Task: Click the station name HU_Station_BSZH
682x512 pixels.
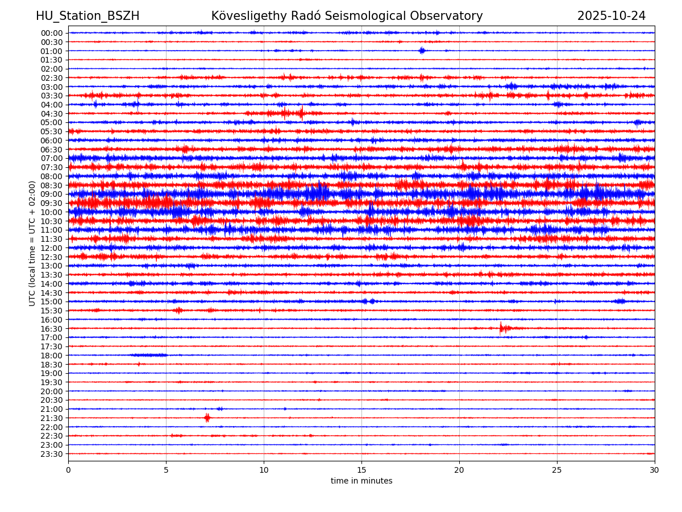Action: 88,16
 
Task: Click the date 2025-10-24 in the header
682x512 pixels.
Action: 612,16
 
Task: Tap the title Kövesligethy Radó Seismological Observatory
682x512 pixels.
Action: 347,16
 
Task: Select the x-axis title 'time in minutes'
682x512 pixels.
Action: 361,481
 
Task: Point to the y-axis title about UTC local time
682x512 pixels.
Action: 32,243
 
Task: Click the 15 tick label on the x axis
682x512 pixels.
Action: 361,470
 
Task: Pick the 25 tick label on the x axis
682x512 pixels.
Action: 557,470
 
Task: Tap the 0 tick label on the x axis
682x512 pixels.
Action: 68,470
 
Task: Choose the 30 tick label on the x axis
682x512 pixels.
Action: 655,470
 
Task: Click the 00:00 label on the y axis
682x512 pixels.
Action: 52,33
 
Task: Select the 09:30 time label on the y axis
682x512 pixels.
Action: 52,203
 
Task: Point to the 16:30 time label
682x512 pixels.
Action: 52,328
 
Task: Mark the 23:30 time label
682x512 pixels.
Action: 52,454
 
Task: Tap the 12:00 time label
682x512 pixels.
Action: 52,248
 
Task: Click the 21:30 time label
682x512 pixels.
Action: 52,418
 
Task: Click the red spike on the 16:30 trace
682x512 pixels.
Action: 501,328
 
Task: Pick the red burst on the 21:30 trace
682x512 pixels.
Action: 207,418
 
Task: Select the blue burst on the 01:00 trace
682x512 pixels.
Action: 422,51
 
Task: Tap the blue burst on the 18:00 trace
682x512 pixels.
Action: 149,355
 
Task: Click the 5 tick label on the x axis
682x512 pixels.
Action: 166,470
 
